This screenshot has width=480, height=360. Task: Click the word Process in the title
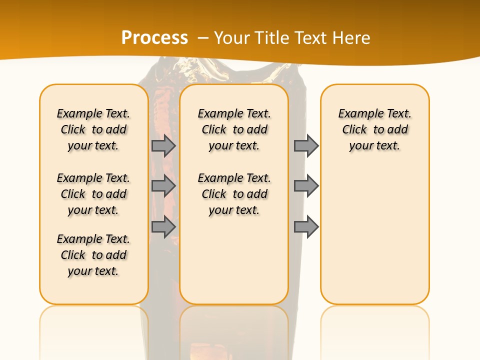154,38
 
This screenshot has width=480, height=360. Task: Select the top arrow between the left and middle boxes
163,145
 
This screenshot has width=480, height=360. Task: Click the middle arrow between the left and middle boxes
163,186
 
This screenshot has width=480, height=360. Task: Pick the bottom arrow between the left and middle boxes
163,227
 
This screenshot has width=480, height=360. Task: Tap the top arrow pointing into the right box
306,145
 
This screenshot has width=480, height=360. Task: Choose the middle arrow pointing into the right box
306,186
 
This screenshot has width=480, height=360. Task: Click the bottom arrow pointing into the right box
306,227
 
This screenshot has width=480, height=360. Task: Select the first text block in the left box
93,129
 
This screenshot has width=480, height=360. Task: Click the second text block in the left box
93,194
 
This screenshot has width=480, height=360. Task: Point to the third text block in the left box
93,255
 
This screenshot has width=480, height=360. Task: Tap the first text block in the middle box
234,129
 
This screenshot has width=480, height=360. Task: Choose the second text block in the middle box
234,194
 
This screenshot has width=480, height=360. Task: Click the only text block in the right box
374,129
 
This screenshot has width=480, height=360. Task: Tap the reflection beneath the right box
374,325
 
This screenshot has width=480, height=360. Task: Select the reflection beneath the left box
93,325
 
